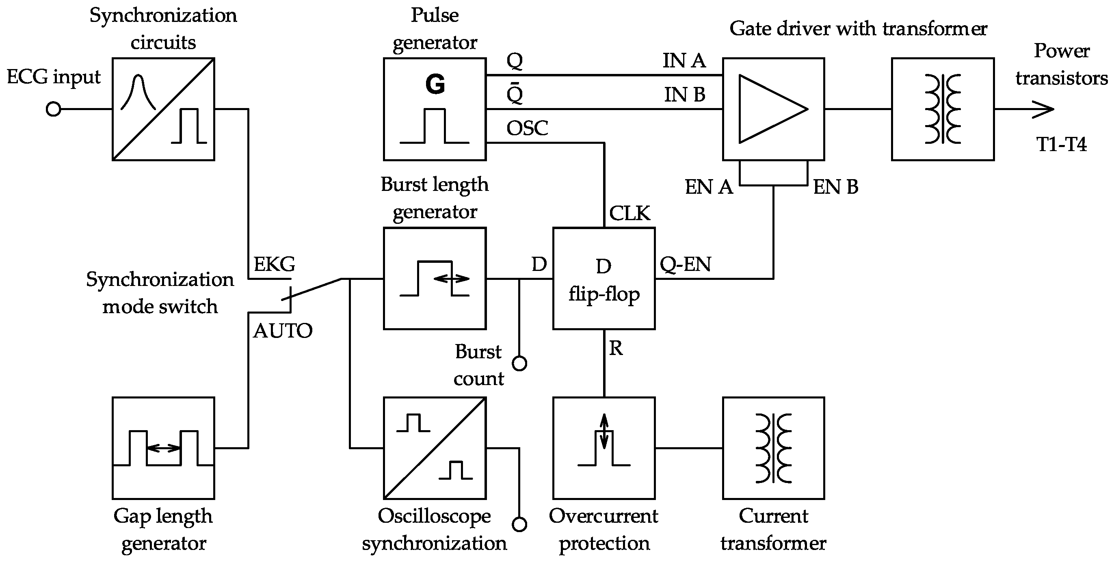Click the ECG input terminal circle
(x=53, y=109)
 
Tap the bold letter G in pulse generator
(x=435, y=84)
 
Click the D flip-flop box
(x=604, y=279)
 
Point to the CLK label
(x=629, y=213)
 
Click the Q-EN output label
(x=686, y=264)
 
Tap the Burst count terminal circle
(x=519, y=364)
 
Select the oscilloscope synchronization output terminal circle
(x=519, y=524)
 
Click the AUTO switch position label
(x=282, y=331)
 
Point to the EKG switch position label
(x=274, y=264)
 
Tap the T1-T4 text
(x=1061, y=144)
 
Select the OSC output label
(x=527, y=128)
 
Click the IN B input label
(x=685, y=95)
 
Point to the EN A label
(x=709, y=187)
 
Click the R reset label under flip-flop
(x=616, y=348)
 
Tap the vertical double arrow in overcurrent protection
(x=604, y=431)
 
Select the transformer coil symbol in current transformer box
(x=774, y=448)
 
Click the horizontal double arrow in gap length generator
(x=164, y=448)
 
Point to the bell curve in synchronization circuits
(x=138, y=92)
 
